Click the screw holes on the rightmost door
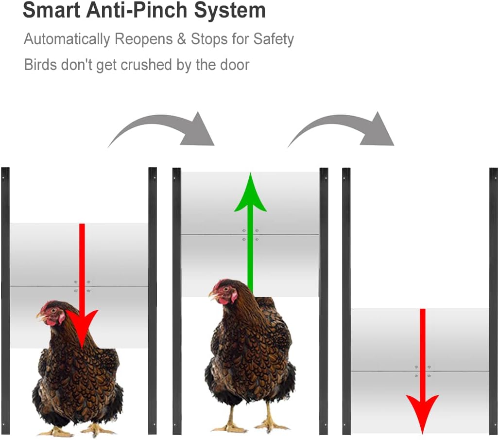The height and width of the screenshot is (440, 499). click(422, 371)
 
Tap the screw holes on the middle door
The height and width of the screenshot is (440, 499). click(250, 235)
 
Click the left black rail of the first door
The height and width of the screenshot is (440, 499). click(5, 301)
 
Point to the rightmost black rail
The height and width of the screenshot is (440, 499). click(494, 301)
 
